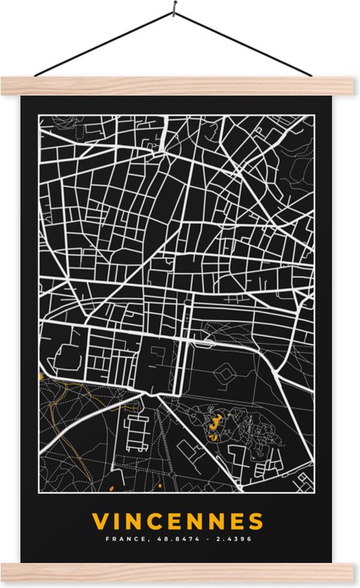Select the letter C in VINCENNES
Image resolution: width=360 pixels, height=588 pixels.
click(x=163, y=521)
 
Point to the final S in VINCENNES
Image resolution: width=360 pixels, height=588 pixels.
click(x=256, y=521)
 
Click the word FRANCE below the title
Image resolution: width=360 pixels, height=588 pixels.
click(x=122, y=540)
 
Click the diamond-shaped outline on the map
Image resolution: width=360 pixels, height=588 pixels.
click(x=224, y=377)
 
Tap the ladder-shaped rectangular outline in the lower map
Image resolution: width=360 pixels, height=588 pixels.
click(x=137, y=427)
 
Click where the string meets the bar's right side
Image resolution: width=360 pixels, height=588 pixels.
click(x=310, y=75)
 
